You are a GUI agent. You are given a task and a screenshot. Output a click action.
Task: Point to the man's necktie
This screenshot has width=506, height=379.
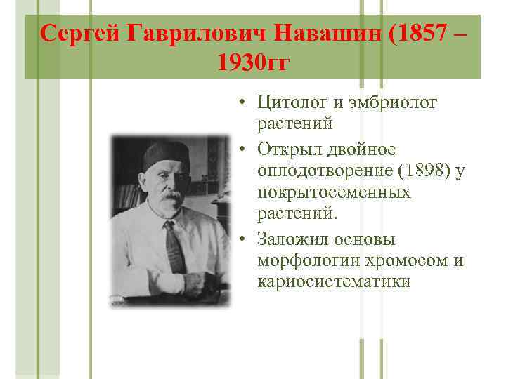pos(173,246)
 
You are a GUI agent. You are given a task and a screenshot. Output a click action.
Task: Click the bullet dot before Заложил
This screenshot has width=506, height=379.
pos(240,240)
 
